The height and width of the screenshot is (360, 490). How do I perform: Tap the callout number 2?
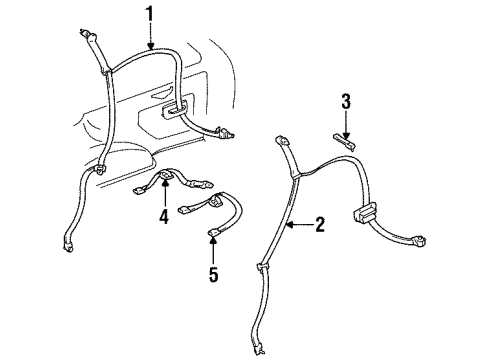click(319, 225)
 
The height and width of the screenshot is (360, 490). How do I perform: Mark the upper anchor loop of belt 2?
click(283, 143)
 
